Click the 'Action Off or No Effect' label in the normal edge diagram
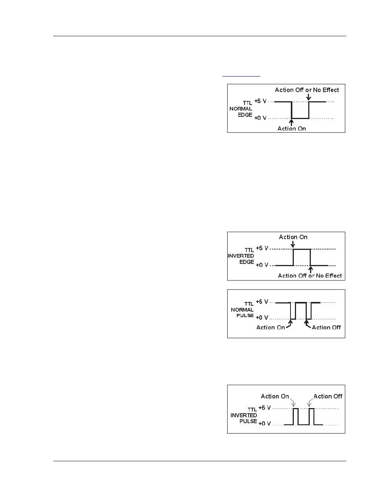pyautogui.click(x=307, y=90)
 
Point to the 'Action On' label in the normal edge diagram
pyautogui.click(x=292, y=129)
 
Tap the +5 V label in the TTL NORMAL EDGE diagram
pyautogui.click(x=260, y=101)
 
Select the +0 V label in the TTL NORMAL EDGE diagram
pyautogui.click(x=260, y=118)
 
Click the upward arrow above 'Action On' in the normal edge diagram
pyautogui.click(x=292, y=122)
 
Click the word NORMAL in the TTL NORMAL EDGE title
pyautogui.click(x=241, y=109)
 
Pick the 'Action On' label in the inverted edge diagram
pyautogui.click(x=293, y=237)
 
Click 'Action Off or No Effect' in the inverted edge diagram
pyautogui.click(x=310, y=276)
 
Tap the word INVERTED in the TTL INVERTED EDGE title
pyautogui.click(x=241, y=256)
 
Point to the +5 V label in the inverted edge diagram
pyautogui.click(x=262, y=248)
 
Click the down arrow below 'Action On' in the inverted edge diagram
pyautogui.click(x=293, y=244)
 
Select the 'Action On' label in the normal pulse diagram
pyautogui.click(x=270, y=327)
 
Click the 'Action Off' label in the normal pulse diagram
pyautogui.click(x=326, y=327)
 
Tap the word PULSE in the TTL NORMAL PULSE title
pyautogui.click(x=245, y=315)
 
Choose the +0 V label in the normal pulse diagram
pyautogui.click(x=262, y=317)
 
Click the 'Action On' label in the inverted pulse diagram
pyautogui.click(x=275, y=396)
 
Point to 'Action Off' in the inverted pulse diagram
pyautogui.click(x=328, y=396)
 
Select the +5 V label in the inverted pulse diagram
pyautogui.click(x=265, y=408)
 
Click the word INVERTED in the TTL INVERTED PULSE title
pyautogui.click(x=243, y=415)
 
